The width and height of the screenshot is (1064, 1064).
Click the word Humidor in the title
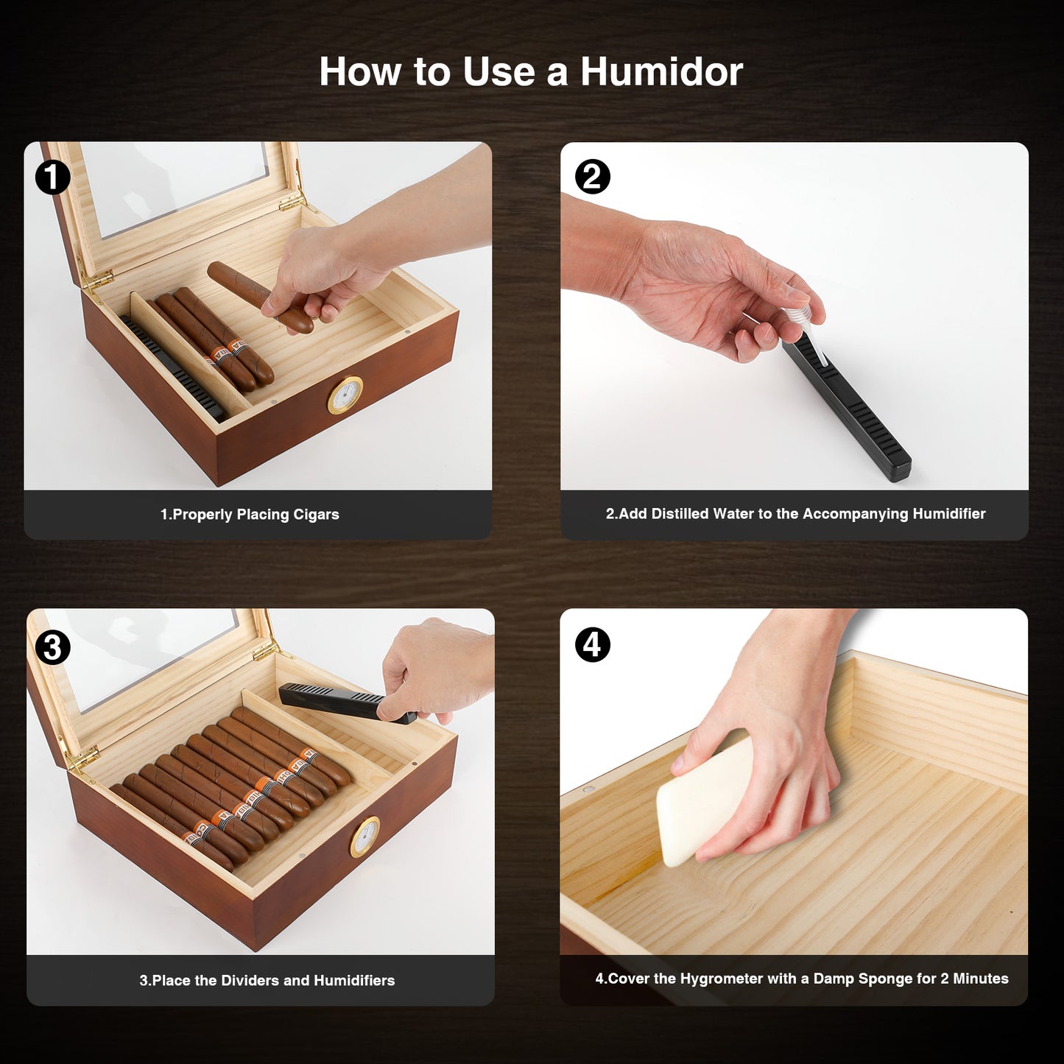point(661,71)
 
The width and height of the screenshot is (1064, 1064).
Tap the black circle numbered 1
point(52,177)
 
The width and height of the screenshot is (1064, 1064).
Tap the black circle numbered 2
point(593,177)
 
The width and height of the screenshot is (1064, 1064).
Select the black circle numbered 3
point(52,647)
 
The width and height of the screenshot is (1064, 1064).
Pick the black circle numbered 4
point(593,644)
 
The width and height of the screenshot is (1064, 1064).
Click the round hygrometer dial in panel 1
point(345,395)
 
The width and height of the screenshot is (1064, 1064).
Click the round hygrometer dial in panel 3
point(365,837)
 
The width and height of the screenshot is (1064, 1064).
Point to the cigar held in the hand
point(261,297)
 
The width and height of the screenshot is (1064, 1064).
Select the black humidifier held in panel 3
point(348,703)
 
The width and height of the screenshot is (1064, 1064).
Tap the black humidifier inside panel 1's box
point(174,367)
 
